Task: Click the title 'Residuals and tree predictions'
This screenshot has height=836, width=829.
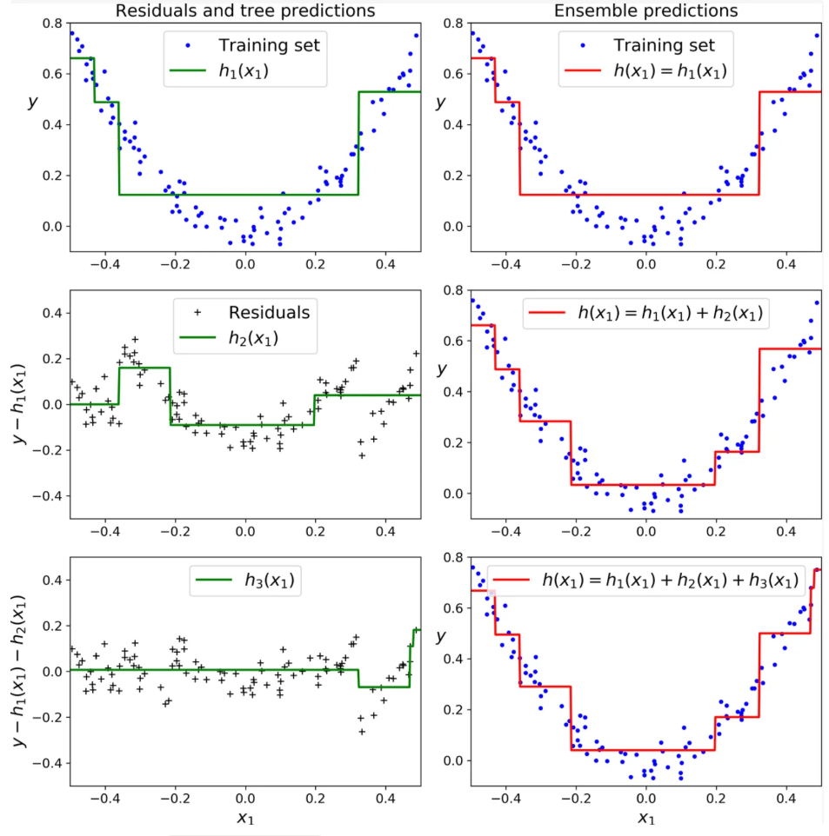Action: click(x=245, y=10)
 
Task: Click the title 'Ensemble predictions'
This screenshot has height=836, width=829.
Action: click(x=646, y=10)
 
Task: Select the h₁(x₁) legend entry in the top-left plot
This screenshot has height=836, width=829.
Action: click(x=244, y=71)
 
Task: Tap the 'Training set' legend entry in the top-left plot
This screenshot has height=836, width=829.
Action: click(x=269, y=44)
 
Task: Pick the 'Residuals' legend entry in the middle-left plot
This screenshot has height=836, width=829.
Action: click(x=268, y=312)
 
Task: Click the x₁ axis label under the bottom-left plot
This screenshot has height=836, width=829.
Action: click(x=245, y=819)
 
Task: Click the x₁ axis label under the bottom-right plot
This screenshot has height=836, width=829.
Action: click(x=645, y=819)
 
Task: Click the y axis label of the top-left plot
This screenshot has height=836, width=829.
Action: click(x=32, y=102)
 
